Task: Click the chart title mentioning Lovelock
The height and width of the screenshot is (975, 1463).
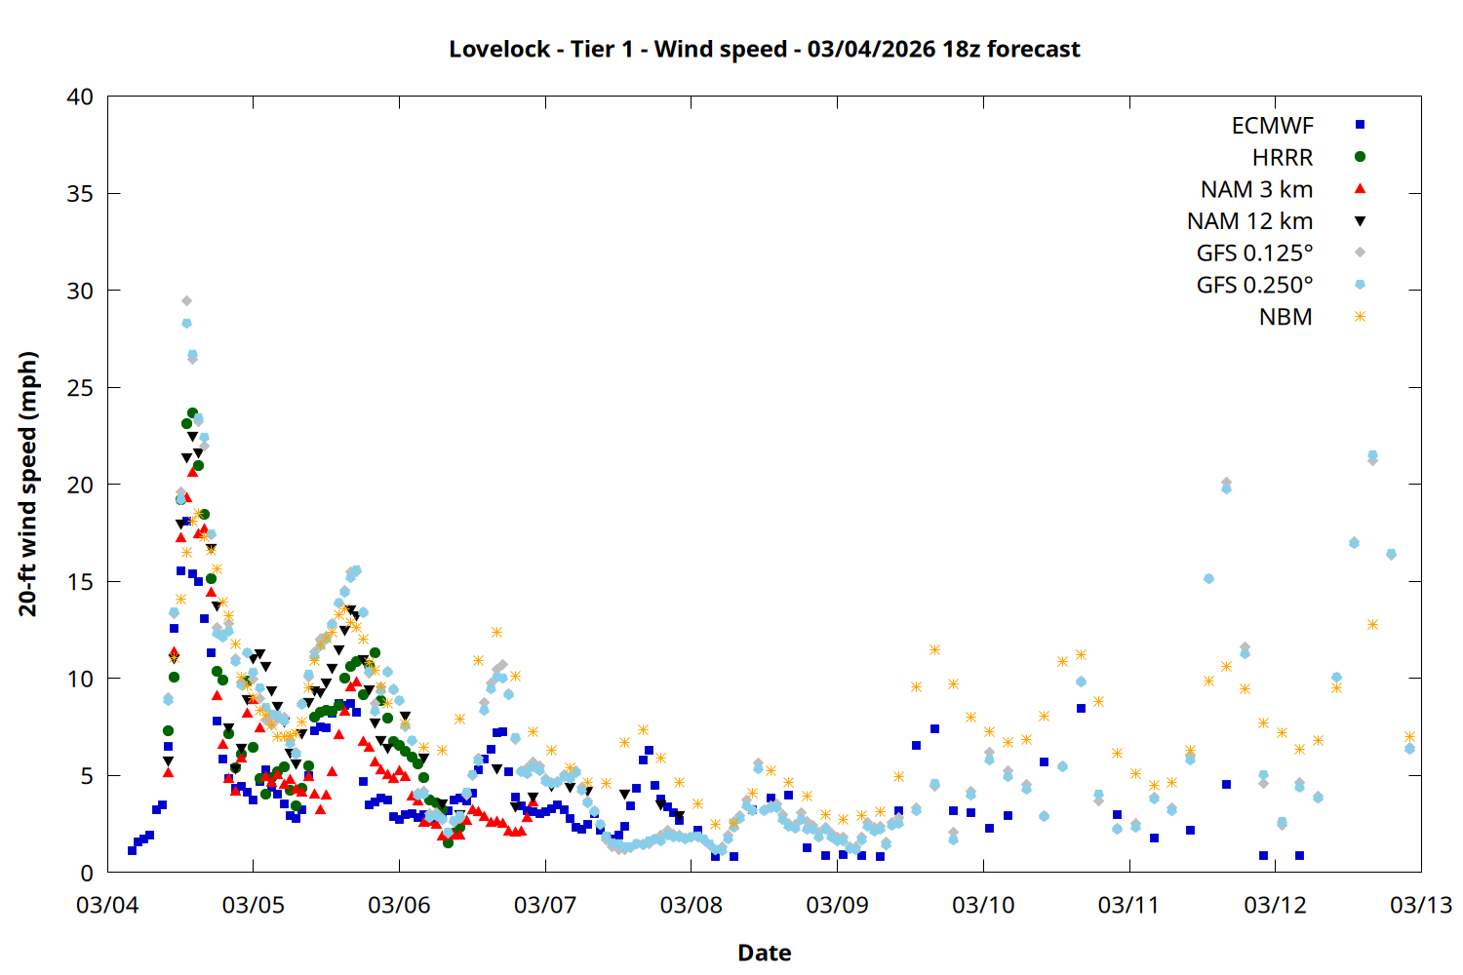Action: (x=764, y=49)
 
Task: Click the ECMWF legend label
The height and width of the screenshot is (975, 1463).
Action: (x=1272, y=126)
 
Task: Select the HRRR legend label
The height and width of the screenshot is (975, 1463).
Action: (x=1283, y=158)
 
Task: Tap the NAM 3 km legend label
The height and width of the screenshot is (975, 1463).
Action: (x=1256, y=189)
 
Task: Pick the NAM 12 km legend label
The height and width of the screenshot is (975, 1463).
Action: (x=1249, y=221)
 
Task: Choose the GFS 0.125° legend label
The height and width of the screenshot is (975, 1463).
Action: (x=1254, y=253)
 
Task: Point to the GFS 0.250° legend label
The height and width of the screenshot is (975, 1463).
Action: (x=1254, y=285)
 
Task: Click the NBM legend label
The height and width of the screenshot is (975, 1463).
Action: (x=1285, y=317)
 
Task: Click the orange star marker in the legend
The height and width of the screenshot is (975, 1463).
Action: (x=1360, y=317)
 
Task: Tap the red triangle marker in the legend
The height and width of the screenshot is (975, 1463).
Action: (x=1360, y=188)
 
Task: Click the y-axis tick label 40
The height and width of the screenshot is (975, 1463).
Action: (x=81, y=97)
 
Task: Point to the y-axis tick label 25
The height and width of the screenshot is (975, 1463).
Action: (x=81, y=388)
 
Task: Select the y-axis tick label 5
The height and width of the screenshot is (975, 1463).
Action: (x=87, y=776)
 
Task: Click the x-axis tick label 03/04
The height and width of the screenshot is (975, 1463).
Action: (x=107, y=905)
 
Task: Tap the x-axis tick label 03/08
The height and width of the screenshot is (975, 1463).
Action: (x=692, y=905)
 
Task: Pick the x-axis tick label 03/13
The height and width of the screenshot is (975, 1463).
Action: (x=1421, y=905)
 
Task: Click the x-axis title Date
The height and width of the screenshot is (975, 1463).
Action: (x=764, y=953)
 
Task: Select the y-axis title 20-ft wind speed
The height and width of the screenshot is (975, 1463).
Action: (x=28, y=484)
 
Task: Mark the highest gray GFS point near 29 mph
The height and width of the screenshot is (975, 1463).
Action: (x=186, y=301)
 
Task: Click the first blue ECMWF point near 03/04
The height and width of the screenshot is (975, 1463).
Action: (x=132, y=850)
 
